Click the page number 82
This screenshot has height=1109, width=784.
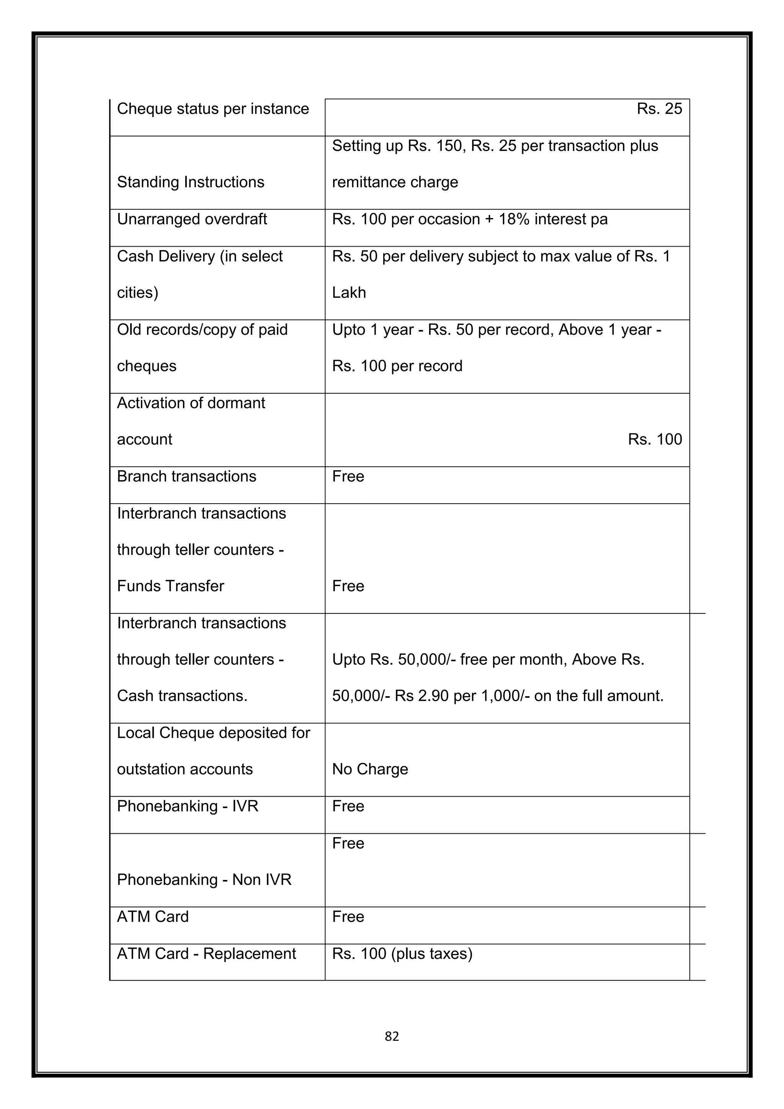[392, 1036]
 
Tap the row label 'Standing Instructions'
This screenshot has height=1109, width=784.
[191, 182]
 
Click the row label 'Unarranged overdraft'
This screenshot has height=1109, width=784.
[192, 219]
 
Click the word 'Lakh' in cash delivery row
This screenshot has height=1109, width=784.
[349, 293]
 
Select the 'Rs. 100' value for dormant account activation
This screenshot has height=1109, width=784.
[655, 440]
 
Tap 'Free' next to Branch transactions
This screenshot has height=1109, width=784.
[348, 477]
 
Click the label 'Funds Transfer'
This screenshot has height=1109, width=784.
[170, 586]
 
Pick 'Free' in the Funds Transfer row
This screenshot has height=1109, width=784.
[348, 586]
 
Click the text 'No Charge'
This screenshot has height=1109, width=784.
[370, 769]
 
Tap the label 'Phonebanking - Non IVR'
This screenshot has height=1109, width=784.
[204, 880]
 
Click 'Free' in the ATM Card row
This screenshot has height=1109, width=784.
[348, 917]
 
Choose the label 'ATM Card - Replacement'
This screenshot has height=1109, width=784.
[206, 954]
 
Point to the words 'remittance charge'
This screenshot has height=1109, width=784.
[395, 183]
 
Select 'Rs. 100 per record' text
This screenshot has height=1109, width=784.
[397, 366]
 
